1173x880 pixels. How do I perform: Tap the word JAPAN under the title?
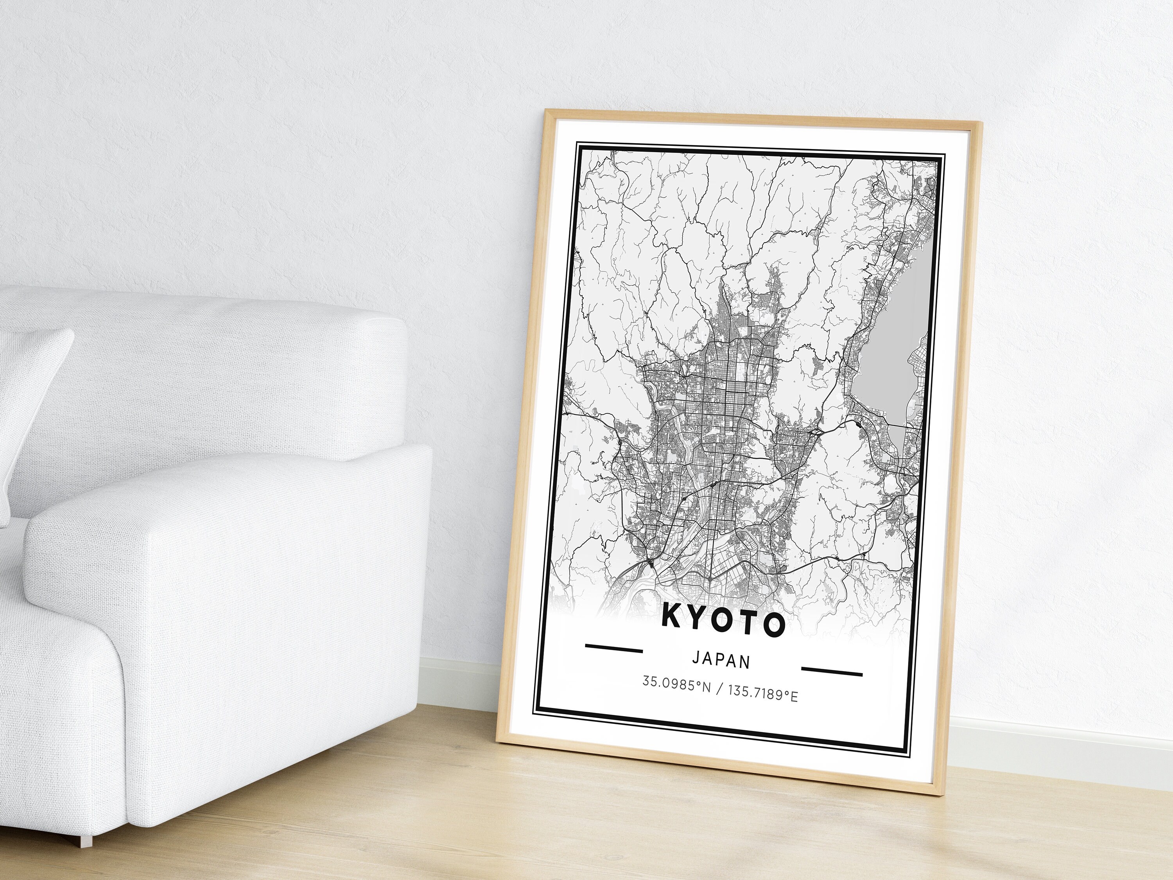(x=721, y=661)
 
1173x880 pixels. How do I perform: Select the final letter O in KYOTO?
(x=774, y=628)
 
